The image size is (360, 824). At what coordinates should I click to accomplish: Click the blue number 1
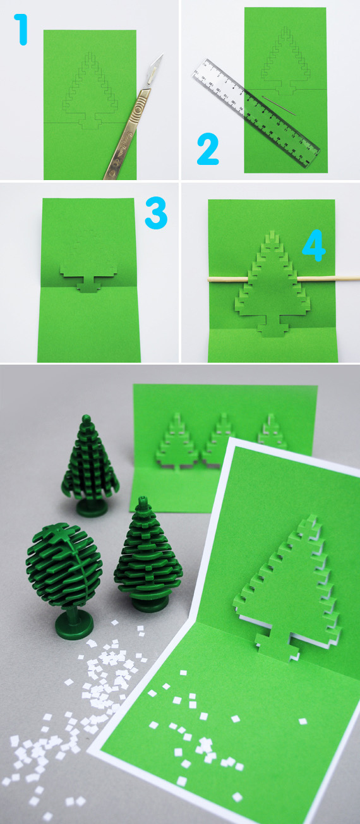pyautogui.click(x=22, y=30)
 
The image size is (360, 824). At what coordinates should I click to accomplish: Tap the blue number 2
pyautogui.click(x=208, y=149)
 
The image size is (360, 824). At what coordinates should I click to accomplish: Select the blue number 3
pyautogui.click(x=156, y=212)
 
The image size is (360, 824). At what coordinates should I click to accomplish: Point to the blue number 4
pyautogui.click(x=314, y=245)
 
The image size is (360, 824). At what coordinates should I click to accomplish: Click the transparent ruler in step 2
pyautogui.click(x=256, y=113)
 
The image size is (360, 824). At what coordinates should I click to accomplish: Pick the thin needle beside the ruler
pyautogui.click(x=279, y=106)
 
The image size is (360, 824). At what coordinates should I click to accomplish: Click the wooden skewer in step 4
pyautogui.click(x=283, y=279)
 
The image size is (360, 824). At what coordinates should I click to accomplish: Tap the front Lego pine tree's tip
pyautogui.click(x=143, y=500)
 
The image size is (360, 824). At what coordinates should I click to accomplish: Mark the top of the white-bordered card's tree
pyautogui.click(x=308, y=523)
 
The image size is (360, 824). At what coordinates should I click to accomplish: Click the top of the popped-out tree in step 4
pyautogui.click(x=272, y=236)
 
